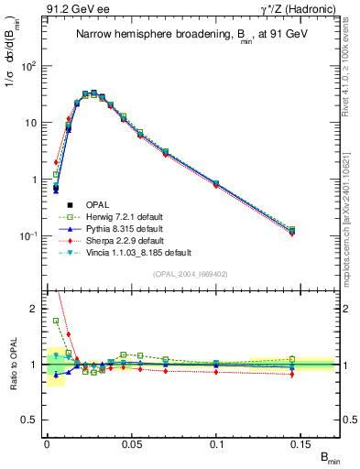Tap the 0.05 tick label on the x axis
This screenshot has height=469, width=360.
click(x=131, y=442)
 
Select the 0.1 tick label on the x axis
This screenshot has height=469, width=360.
click(x=216, y=442)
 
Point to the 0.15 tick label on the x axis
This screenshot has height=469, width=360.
click(x=301, y=442)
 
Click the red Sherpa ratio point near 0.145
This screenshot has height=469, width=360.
click(x=292, y=374)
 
